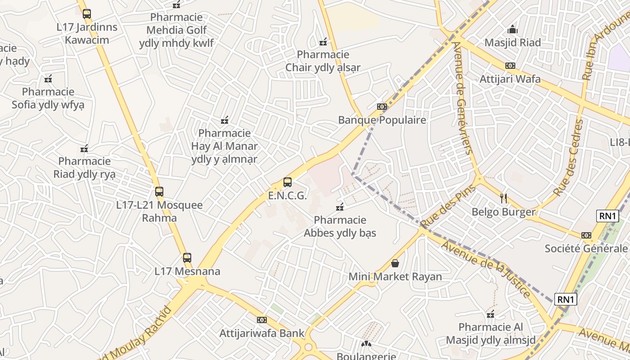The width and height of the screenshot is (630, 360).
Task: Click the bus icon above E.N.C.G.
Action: point(288,182)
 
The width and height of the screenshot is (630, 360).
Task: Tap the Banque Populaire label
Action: point(382,120)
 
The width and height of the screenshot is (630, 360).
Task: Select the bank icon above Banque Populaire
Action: point(382,107)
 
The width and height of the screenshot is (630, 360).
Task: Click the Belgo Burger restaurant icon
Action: point(504,198)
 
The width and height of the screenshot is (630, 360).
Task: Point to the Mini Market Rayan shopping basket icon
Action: point(395,263)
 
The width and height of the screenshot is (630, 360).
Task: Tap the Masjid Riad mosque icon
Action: point(513,30)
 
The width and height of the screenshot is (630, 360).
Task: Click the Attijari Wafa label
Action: point(510,79)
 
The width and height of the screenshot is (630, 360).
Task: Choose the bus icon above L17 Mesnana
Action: point(187,258)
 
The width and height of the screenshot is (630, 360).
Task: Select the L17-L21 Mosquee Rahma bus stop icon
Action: point(159,192)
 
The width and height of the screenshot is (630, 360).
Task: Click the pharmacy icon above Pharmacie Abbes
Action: point(340,207)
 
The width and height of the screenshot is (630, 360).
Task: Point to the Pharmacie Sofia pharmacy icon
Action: point(48,79)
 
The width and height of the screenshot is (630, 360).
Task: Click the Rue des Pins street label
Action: point(448,206)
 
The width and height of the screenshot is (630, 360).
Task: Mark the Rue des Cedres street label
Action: point(568,157)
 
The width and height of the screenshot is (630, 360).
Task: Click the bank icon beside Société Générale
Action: point(586,235)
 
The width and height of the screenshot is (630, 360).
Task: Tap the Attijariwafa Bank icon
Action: point(262,320)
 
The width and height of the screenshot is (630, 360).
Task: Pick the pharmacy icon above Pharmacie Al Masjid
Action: point(490,314)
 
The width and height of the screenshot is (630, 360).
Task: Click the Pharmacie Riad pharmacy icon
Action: point(84,148)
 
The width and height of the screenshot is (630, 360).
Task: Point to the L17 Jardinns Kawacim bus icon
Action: point(87,14)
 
